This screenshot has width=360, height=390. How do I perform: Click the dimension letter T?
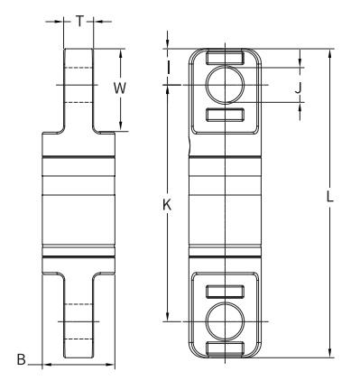point(80,20)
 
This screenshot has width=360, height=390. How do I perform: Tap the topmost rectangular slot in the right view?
point(223,58)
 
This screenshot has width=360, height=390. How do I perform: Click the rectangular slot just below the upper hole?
point(223,115)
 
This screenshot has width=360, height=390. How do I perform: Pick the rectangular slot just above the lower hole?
point(223,291)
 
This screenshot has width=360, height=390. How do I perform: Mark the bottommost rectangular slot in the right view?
point(223,348)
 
